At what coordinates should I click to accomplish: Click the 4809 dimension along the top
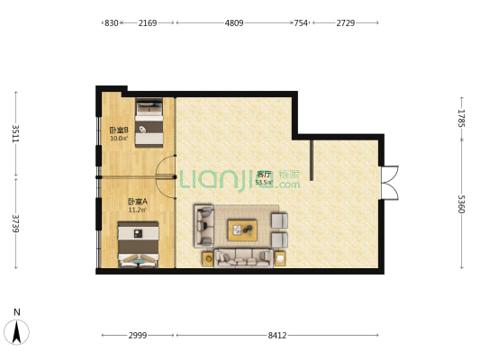pos(234,22)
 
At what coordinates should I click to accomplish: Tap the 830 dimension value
pos(112,22)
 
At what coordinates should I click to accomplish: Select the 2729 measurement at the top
pos(346,22)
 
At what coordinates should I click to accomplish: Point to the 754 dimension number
pos(301,22)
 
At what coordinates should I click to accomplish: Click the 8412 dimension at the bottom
pos(277,336)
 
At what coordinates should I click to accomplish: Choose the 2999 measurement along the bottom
pos(138,336)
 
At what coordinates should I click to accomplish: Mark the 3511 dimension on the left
pos(15,134)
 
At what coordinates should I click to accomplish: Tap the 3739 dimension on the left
pos(15,223)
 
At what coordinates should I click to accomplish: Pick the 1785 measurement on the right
pos(462,119)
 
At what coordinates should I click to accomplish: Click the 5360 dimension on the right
pos(462,204)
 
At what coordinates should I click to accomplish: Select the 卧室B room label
pos(119,130)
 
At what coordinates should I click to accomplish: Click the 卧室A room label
pos(138,202)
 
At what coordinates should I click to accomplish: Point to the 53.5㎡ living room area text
pos(264,183)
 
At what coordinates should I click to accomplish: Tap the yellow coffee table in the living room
pos(242,230)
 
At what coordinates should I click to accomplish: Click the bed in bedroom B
pos(149,122)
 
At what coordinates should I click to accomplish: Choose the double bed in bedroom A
pos(139,244)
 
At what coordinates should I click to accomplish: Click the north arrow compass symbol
pos(16,332)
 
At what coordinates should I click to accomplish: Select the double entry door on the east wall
pos(390,183)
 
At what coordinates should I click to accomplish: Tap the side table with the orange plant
pos(208,259)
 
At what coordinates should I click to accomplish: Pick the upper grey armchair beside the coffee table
pos(279,220)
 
